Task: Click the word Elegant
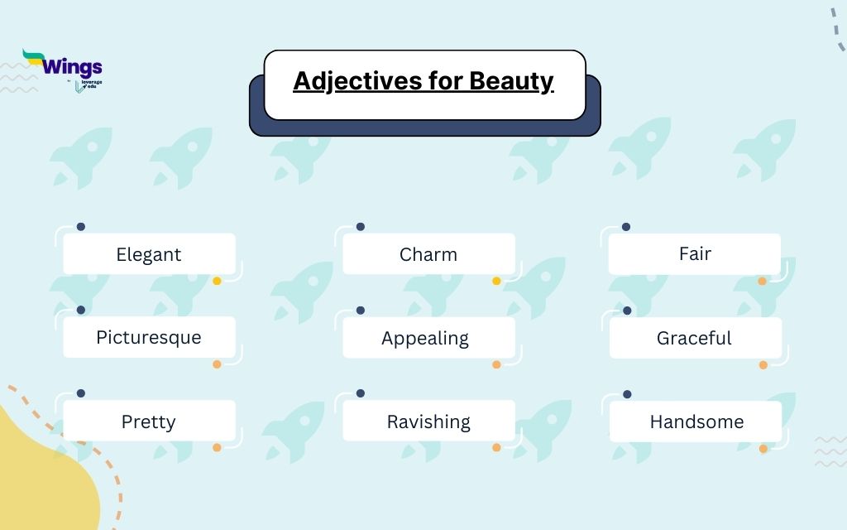149,254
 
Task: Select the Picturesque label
149,338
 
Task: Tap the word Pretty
149,422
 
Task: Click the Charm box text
428,254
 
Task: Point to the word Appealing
425,338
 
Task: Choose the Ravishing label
428,422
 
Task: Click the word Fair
695,253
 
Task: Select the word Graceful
694,338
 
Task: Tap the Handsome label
696,422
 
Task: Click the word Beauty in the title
511,81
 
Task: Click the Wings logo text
72,67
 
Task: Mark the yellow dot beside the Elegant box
217,281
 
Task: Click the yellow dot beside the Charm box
496,281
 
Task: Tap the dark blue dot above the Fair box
626,227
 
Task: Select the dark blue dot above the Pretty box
80,393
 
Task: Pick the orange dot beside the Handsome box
763,449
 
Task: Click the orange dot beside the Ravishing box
496,448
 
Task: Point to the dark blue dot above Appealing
361,311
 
